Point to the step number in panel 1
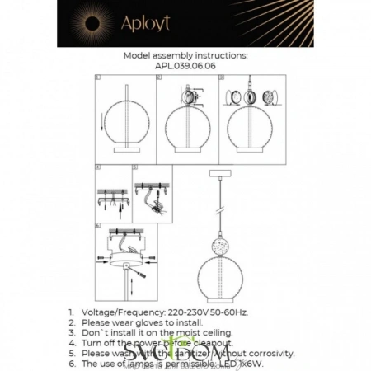97,77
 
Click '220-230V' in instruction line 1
199,313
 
